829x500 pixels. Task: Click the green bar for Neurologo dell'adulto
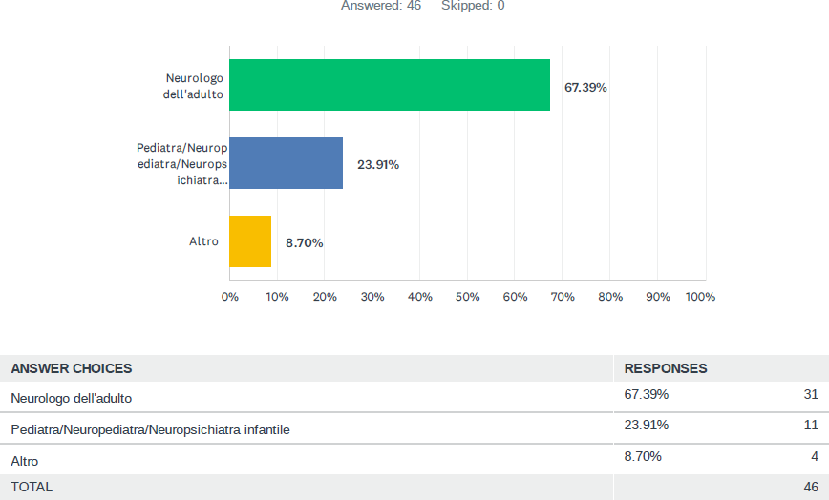pyautogui.click(x=390, y=85)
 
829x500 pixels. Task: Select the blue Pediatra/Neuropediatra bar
pyautogui.click(x=286, y=163)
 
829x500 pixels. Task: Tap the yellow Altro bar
pyautogui.click(x=250, y=241)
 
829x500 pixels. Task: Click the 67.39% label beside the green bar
pyautogui.click(x=585, y=87)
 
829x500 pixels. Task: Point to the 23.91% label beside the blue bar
pyautogui.click(x=378, y=164)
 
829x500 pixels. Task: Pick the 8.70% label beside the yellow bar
pyautogui.click(x=305, y=242)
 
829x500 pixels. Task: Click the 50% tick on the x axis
pyautogui.click(x=467, y=297)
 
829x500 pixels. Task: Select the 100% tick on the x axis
pyautogui.click(x=701, y=297)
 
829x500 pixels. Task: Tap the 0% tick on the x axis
pyautogui.click(x=230, y=297)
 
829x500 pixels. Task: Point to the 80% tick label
pyautogui.click(x=610, y=297)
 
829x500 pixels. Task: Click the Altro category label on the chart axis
pyautogui.click(x=203, y=241)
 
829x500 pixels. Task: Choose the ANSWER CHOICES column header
pyautogui.click(x=72, y=368)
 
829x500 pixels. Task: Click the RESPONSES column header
pyautogui.click(x=666, y=368)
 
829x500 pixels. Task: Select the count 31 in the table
pyautogui.click(x=811, y=394)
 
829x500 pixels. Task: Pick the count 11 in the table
pyautogui.click(x=811, y=425)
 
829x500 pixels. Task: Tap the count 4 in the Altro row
pyautogui.click(x=815, y=456)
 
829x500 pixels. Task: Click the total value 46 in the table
pyautogui.click(x=810, y=487)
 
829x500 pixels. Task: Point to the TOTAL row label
pyautogui.click(x=32, y=487)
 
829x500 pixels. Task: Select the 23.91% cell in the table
pyautogui.click(x=647, y=425)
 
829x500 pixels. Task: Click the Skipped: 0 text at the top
pyautogui.click(x=473, y=6)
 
